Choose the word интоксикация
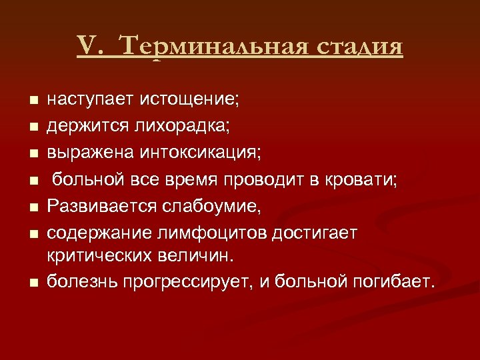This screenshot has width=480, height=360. pos(201,153)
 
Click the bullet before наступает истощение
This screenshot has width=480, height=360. pos(32,101)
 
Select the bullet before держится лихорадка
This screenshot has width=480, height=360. pos(32,127)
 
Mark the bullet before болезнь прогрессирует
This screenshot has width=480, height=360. pos(32,283)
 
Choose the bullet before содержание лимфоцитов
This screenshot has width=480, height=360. pos(32,233)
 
